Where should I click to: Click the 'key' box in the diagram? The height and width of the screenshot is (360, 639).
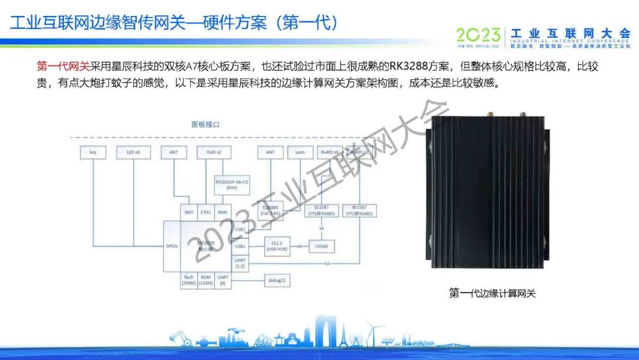tap(93, 152)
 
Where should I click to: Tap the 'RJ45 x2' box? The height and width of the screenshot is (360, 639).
tap(209, 152)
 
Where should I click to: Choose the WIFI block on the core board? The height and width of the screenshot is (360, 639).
tap(189, 212)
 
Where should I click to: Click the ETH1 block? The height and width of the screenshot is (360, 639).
tap(206, 212)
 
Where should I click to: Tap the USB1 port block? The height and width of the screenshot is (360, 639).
tap(240, 246)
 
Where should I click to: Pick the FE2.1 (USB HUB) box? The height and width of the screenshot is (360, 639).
tap(278, 246)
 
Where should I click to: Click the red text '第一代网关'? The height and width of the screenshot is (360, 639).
tap(63, 67)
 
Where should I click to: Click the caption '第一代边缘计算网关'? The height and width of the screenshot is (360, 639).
tap(492, 293)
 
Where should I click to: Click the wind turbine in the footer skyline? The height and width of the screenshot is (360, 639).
tap(372, 333)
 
